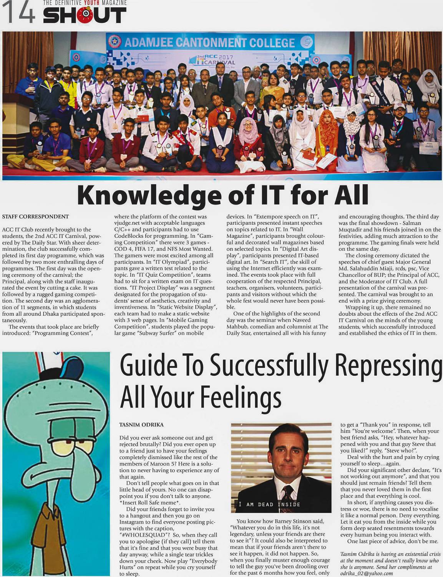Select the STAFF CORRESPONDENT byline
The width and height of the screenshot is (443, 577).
pos(35,217)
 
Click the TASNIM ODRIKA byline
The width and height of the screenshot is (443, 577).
pos(141,425)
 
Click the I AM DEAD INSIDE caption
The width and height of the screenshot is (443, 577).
pos(269,504)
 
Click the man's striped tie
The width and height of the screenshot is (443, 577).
pos(287,495)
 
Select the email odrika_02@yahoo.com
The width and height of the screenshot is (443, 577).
pos(367,573)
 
